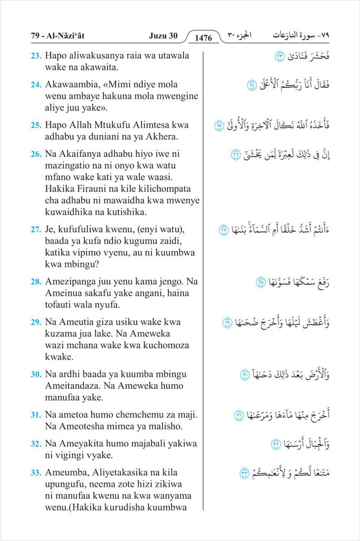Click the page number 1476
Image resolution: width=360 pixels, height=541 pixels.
point(203,38)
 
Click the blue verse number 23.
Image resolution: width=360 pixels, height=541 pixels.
point(36,55)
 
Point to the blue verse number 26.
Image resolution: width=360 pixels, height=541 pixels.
point(36,154)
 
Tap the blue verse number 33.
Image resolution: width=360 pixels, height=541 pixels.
point(36,472)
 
